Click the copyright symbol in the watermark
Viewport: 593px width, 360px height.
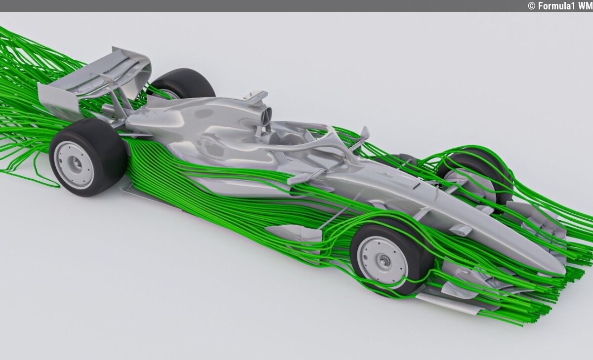(x=532, y=6)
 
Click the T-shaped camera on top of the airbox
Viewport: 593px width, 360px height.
(x=255, y=97)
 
